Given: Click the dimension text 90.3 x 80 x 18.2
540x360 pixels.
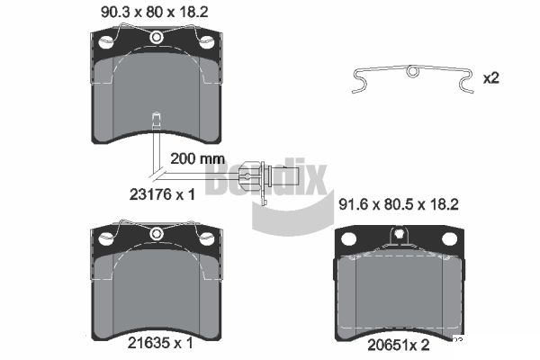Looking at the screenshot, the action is click(x=155, y=13).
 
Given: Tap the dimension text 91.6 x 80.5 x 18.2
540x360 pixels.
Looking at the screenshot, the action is click(x=399, y=204).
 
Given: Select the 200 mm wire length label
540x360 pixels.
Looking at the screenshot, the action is click(x=198, y=158).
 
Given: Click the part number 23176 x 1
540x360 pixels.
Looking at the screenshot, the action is click(x=162, y=194).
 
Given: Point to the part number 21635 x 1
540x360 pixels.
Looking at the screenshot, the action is click(x=160, y=343).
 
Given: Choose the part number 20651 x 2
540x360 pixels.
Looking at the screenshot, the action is click(x=399, y=345).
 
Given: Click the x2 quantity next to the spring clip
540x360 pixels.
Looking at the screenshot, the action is click(x=491, y=78).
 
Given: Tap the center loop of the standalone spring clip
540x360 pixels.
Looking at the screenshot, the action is click(x=412, y=71).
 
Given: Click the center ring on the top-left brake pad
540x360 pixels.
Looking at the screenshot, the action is click(x=157, y=37).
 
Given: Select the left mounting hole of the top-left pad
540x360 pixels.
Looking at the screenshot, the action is click(x=105, y=42).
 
